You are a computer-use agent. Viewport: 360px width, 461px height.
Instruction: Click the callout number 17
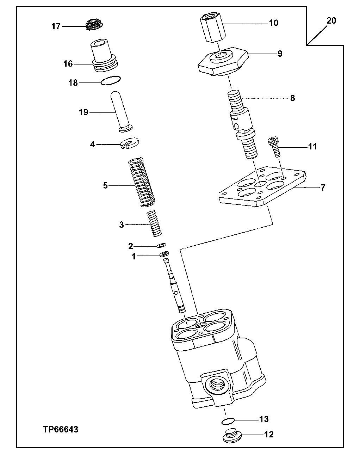56,26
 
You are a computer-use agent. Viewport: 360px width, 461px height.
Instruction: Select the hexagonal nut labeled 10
213,28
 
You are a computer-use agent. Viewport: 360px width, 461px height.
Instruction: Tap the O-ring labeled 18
111,81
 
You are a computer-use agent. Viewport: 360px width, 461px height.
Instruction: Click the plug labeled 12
231,436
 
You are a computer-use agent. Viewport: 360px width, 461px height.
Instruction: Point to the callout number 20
331,20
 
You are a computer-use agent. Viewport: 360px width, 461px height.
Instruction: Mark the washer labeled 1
165,254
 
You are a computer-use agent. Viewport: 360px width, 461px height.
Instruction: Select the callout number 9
279,54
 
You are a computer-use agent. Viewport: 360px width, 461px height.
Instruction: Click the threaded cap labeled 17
93,25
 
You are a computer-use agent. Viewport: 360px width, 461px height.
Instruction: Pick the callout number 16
68,64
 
